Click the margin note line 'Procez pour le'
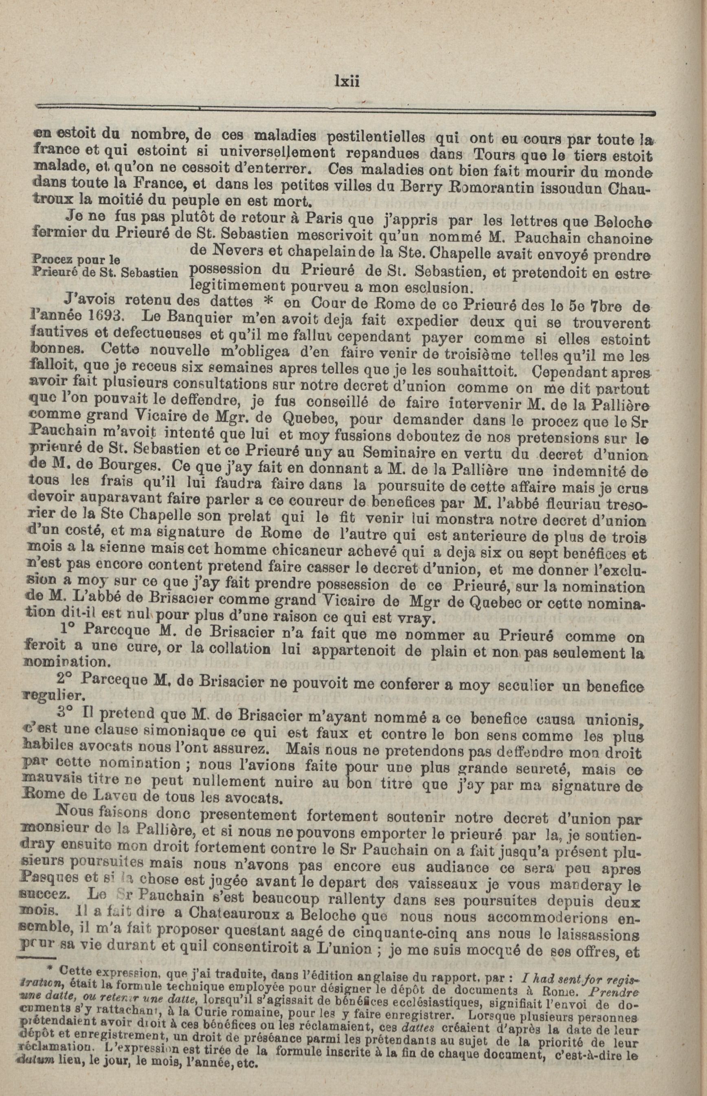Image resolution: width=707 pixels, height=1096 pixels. (76, 259)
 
